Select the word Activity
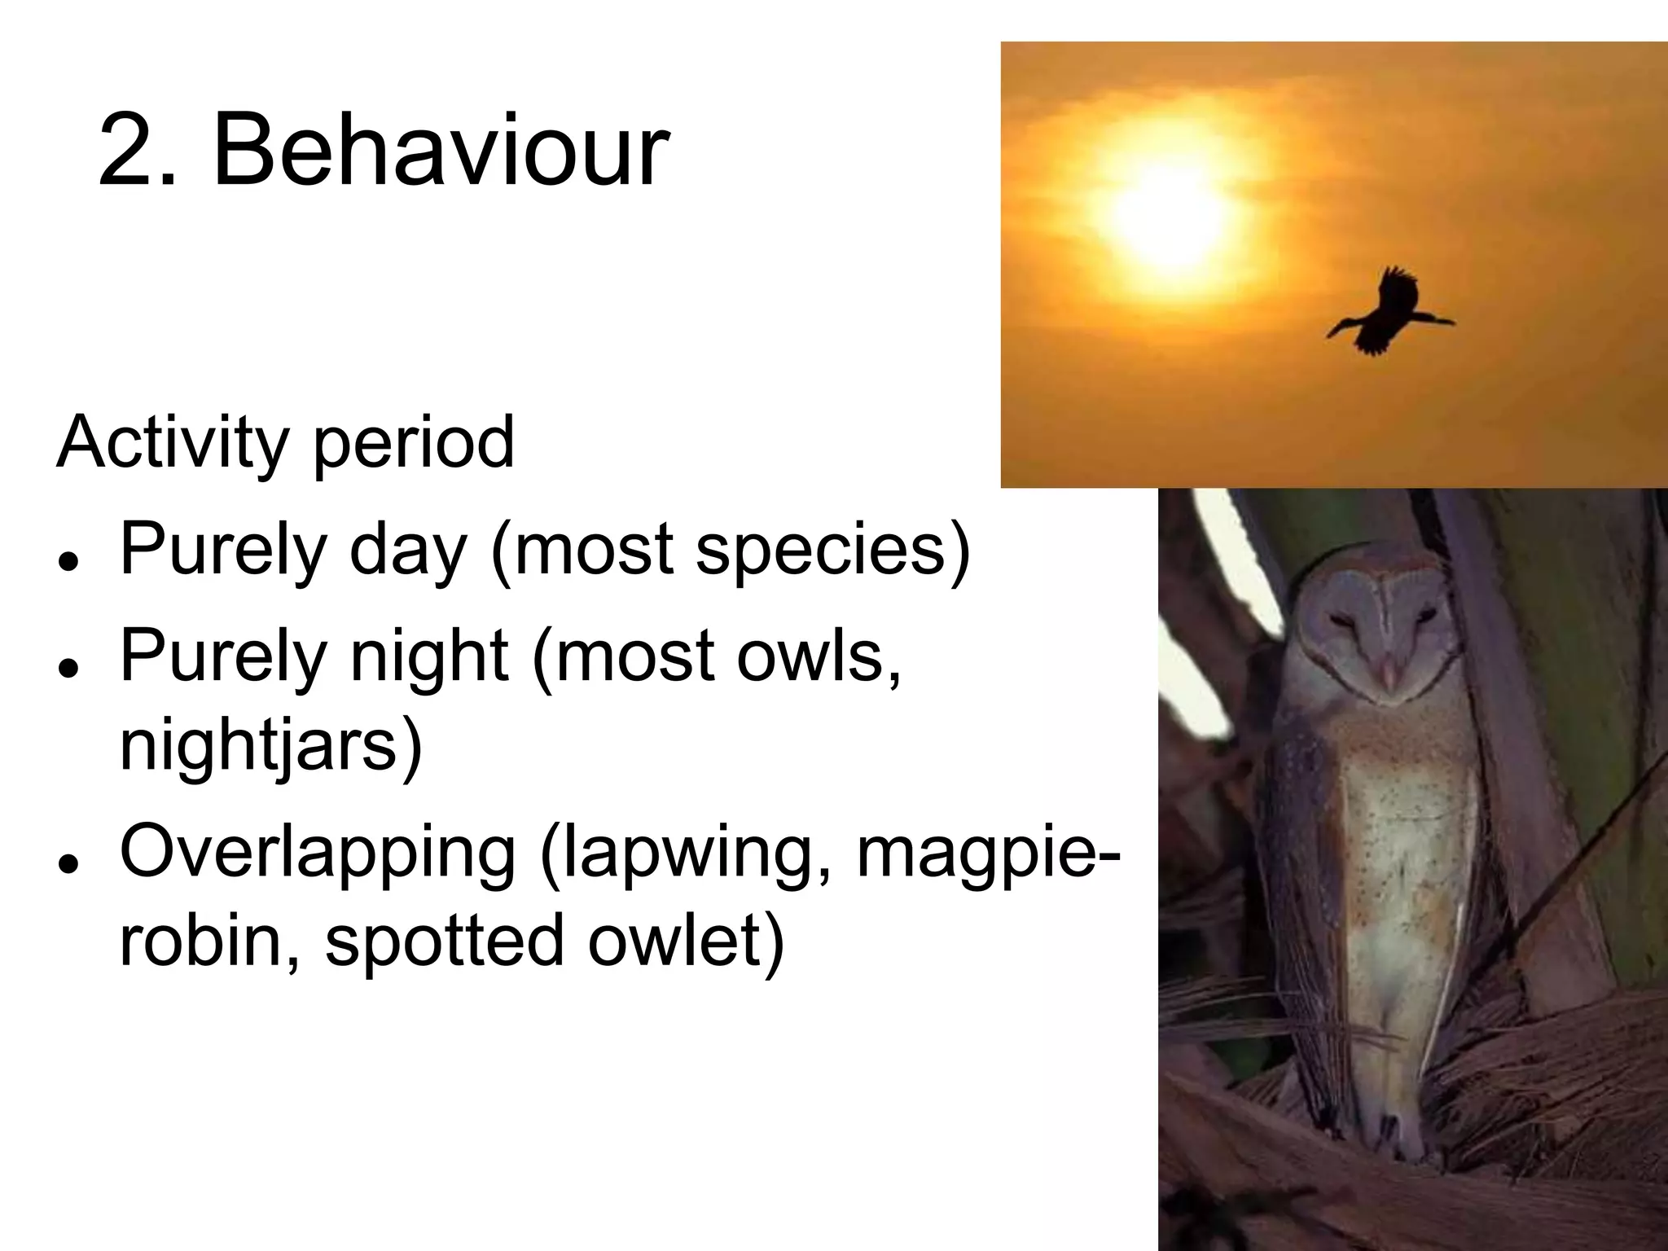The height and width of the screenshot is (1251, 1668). click(172, 444)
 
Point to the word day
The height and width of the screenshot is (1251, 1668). click(407, 551)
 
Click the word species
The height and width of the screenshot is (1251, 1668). click(823, 551)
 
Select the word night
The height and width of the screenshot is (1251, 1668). click(428, 657)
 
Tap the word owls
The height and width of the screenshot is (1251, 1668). click(814, 657)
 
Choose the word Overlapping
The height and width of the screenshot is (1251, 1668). click(318, 855)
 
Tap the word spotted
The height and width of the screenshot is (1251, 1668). click(444, 941)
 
